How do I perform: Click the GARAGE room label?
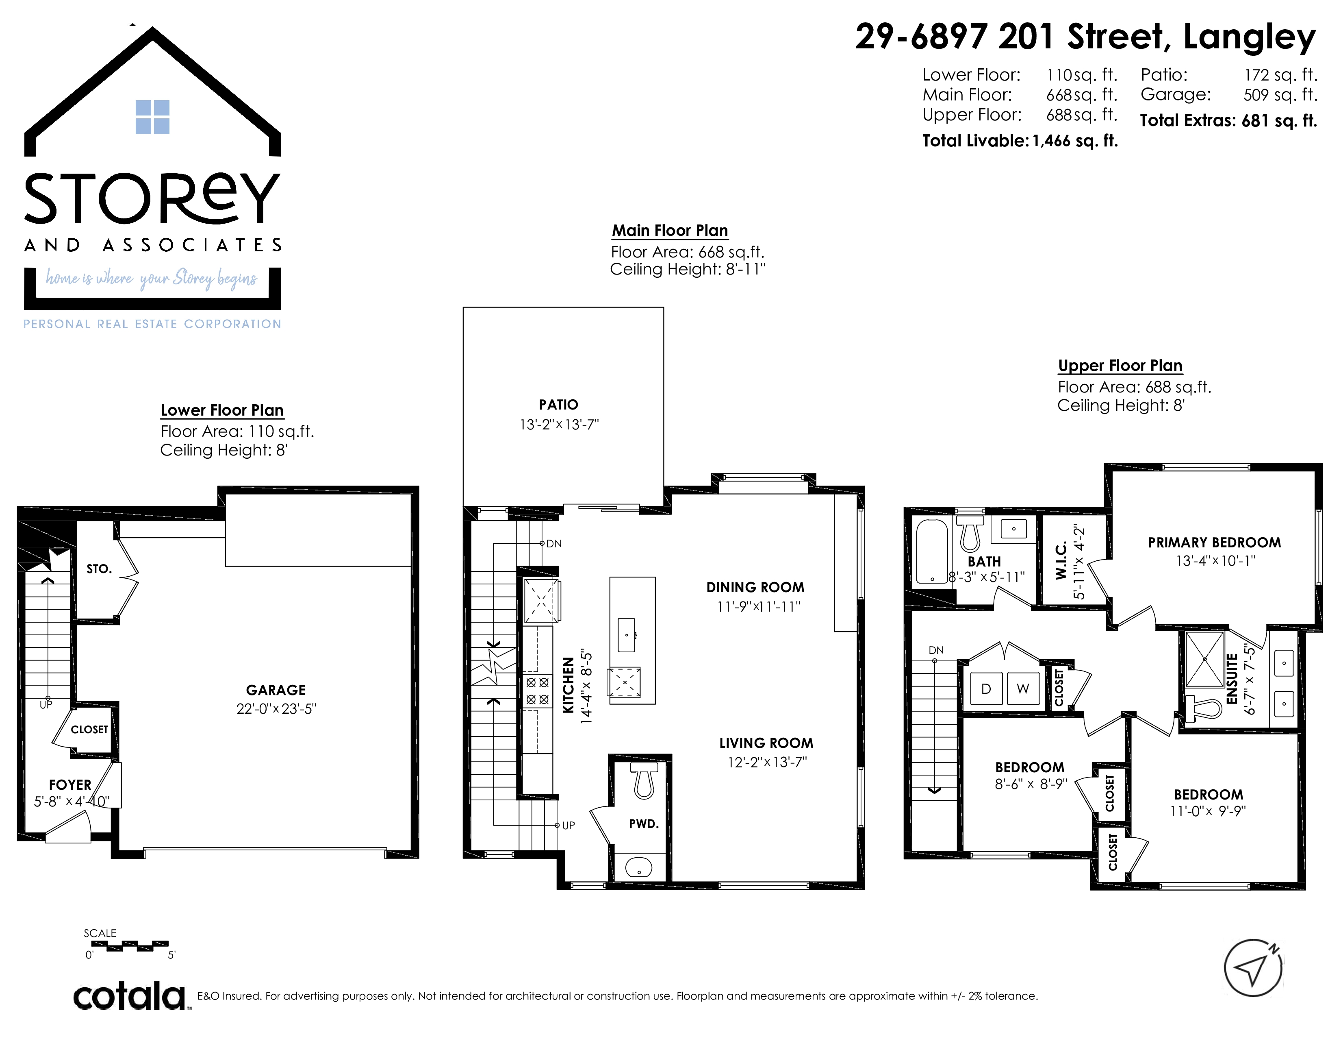click(x=276, y=690)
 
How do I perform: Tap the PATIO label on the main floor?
click(x=558, y=405)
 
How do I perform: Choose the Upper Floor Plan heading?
click(x=1120, y=366)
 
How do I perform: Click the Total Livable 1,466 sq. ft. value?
click(x=1074, y=141)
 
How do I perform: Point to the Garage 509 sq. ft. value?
click(x=1280, y=95)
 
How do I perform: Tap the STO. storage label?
click(x=99, y=569)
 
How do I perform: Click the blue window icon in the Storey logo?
click(x=152, y=117)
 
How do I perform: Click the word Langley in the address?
click(x=1250, y=37)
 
